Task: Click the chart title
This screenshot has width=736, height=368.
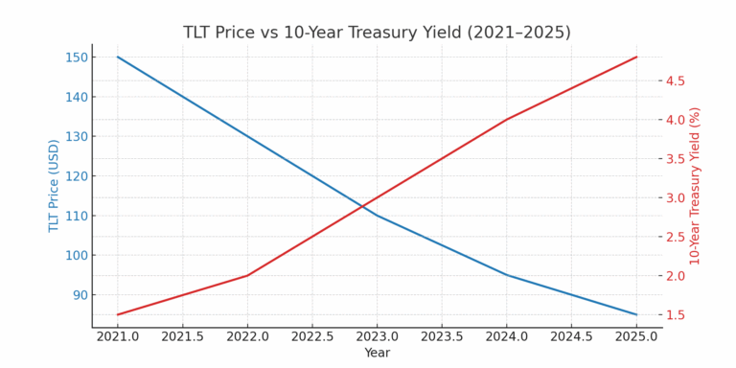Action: pyautogui.click(x=377, y=33)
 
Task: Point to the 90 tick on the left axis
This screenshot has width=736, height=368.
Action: pyautogui.click(x=79, y=295)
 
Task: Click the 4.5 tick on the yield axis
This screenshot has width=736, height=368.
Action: pyautogui.click(x=676, y=80)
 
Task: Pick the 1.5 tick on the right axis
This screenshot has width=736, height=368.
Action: pyautogui.click(x=676, y=315)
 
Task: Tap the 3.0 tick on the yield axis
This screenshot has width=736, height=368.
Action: pyautogui.click(x=676, y=198)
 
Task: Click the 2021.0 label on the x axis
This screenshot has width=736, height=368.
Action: pyautogui.click(x=118, y=337)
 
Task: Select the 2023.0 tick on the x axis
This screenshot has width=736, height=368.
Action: pyautogui.click(x=377, y=337)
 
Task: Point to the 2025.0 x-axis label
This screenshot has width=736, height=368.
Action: pyautogui.click(x=636, y=337)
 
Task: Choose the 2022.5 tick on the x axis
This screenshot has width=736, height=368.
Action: pyautogui.click(x=312, y=337)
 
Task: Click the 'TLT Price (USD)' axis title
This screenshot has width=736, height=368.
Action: pyautogui.click(x=55, y=185)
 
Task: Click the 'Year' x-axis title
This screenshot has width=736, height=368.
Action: pyautogui.click(x=377, y=353)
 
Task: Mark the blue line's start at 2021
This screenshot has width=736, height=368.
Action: pyautogui.click(x=118, y=57)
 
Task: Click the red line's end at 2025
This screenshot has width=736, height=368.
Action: pyautogui.click(x=636, y=57)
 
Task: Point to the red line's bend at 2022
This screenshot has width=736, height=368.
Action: pyautogui.click(x=247, y=275)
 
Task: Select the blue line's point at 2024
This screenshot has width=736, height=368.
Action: pyautogui.click(x=507, y=275)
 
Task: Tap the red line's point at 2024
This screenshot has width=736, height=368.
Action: pyautogui.click(x=507, y=119)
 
